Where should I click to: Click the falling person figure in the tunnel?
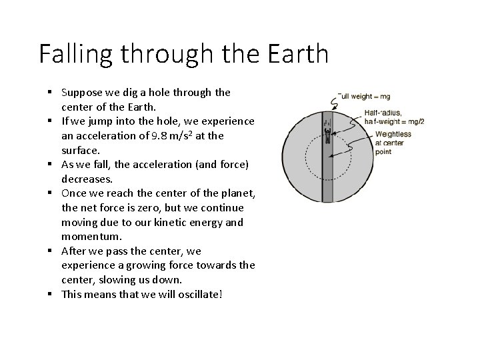tap(327, 126)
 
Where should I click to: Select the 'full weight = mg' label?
tap(366, 97)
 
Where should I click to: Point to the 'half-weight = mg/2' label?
tap(399, 121)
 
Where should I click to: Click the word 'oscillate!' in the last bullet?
tap(198, 294)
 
